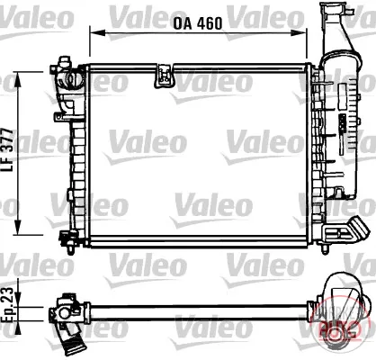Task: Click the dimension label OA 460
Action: (x=198, y=23)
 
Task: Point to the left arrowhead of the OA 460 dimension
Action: (x=97, y=32)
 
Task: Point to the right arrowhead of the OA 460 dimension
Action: (x=300, y=32)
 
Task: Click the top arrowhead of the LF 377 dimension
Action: (x=18, y=79)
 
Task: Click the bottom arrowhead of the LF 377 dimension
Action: (x=18, y=227)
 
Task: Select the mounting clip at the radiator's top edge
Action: (x=165, y=76)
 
